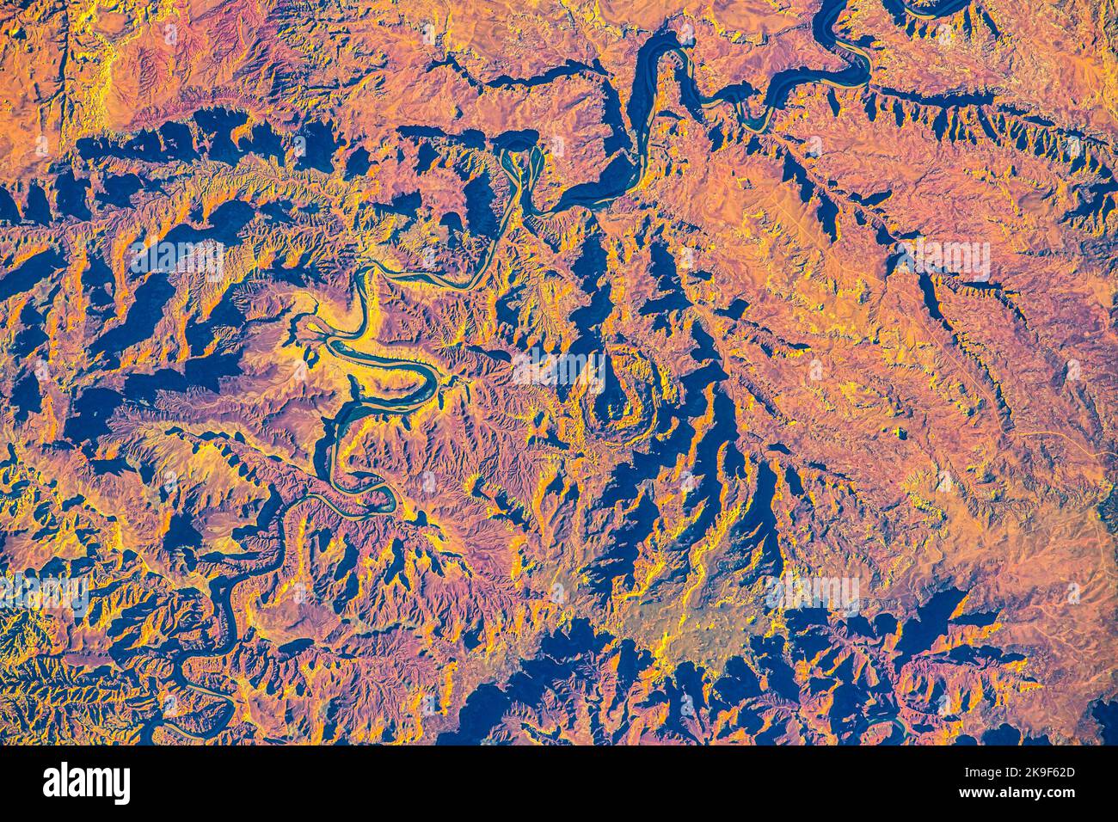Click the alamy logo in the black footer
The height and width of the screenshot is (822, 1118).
[86, 783]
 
